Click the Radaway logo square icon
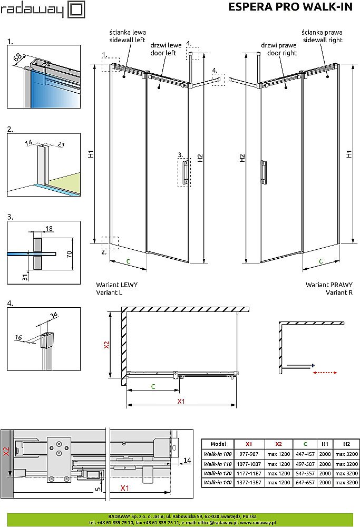(x=76, y=9)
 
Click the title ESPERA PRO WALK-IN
(x=291, y=7)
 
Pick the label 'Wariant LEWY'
(x=116, y=285)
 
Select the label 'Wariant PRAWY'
(x=329, y=285)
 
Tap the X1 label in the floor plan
(x=180, y=402)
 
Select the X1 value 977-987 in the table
(x=249, y=454)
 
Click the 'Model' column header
(x=218, y=444)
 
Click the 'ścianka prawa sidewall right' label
(x=322, y=36)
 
